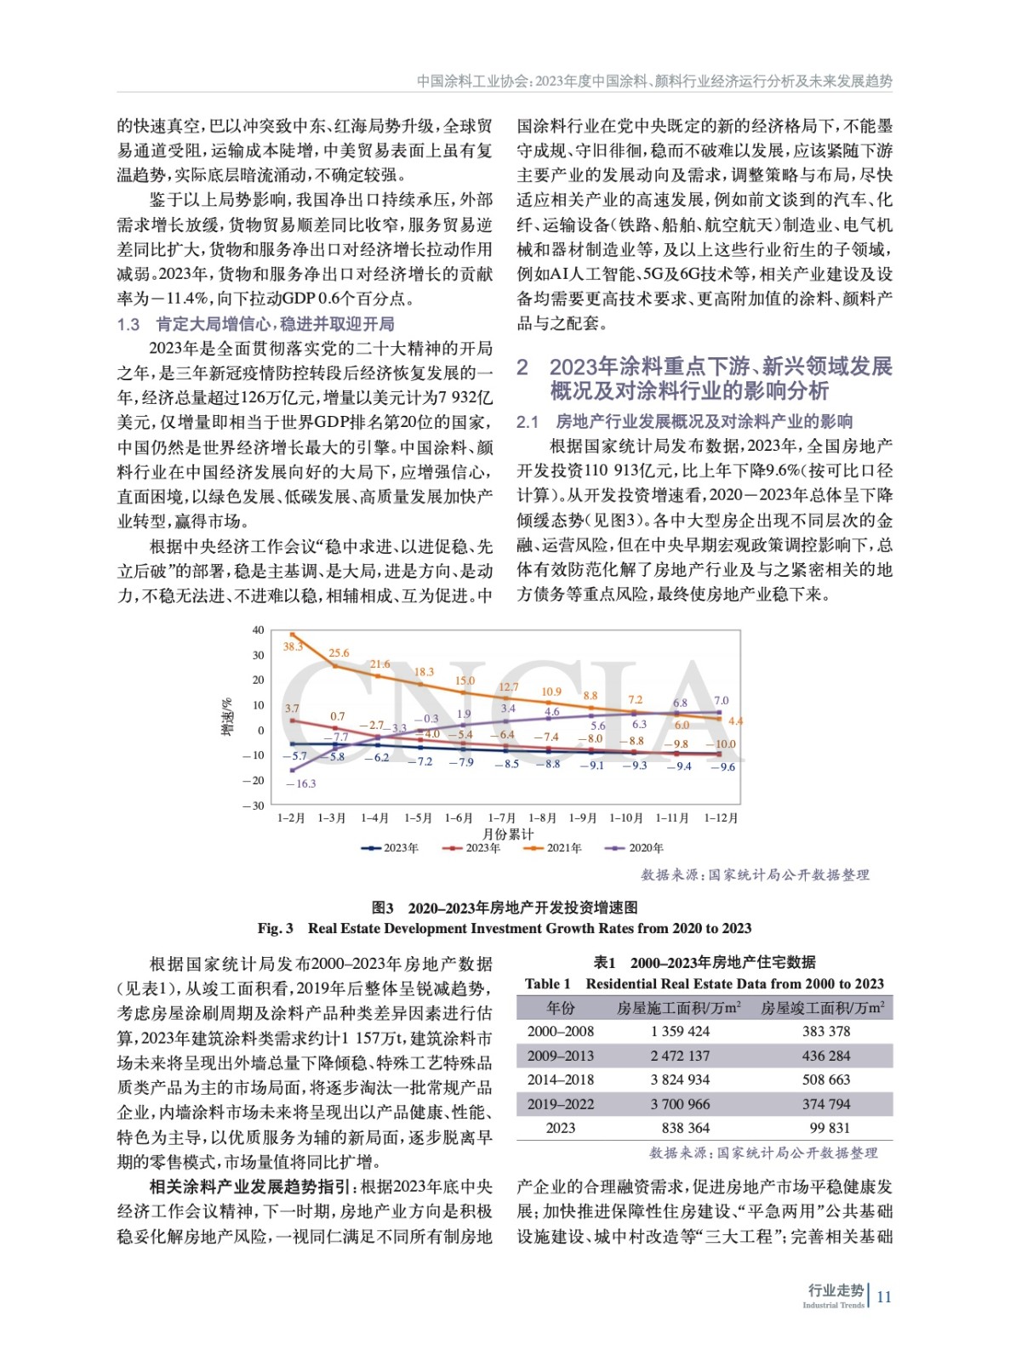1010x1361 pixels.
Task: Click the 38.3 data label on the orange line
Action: tap(293, 646)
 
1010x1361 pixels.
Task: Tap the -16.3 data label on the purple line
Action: tap(300, 783)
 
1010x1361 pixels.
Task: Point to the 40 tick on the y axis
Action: tap(258, 630)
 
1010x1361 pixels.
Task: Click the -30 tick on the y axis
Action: tap(254, 806)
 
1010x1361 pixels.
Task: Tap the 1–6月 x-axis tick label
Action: tap(459, 818)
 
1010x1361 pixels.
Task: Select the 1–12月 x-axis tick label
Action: tap(721, 818)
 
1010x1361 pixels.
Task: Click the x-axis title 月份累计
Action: tap(508, 834)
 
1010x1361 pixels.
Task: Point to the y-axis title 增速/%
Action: tap(227, 717)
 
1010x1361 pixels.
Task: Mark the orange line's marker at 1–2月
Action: tap(292, 635)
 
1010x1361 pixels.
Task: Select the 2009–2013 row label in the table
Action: tap(561, 1056)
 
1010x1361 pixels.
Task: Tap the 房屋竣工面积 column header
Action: tap(822, 1008)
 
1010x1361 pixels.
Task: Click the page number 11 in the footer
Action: tap(884, 1296)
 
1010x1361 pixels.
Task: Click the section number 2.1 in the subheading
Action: tap(528, 422)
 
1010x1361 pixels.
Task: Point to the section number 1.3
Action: tap(128, 324)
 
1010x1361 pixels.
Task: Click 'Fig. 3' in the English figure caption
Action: tap(276, 928)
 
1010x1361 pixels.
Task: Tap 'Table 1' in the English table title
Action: tap(548, 984)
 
